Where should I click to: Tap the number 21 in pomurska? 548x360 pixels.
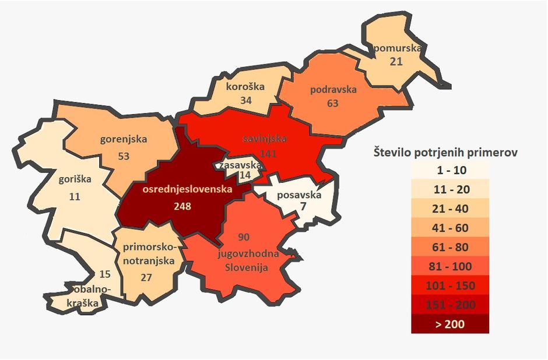click(396, 61)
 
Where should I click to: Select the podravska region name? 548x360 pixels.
click(333, 90)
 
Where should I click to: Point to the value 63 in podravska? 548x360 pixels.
click(333, 104)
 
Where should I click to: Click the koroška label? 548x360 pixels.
click(245, 87)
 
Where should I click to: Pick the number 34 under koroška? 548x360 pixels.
click(245, 100)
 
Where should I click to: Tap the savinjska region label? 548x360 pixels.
click(264, 140)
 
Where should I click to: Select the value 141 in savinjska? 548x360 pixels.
click(269, 153)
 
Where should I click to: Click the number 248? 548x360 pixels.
click(183, 206)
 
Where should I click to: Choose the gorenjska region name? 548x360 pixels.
click(124, 139)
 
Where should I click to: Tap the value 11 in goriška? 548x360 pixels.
click(75, 196)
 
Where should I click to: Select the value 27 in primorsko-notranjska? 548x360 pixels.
click(146, 278)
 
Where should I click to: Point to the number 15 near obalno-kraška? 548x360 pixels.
click(105, 274)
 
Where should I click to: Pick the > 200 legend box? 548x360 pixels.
click(449, 324)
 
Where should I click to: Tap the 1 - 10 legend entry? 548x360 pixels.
click(449, 170)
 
